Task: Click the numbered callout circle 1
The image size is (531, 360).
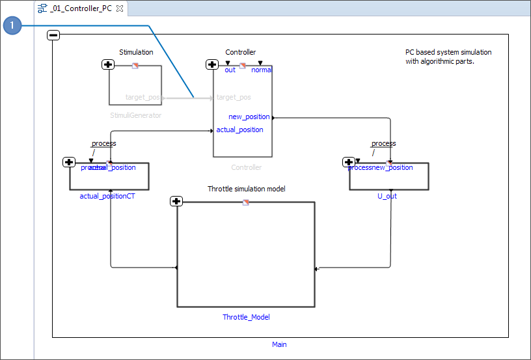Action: [12, 26]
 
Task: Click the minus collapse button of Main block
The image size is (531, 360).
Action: [54, 35]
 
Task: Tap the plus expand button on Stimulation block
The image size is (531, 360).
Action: [109, 64]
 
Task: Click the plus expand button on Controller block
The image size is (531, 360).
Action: [212, 64]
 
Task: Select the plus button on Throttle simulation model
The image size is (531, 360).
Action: [176, 201]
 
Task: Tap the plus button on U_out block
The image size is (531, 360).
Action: [349, 162]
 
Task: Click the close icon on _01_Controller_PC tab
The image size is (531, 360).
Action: [120, 8]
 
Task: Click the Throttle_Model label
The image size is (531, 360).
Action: [246, 317]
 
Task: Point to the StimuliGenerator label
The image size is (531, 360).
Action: [135, 115]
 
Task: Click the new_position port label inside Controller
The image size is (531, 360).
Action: [249, 117]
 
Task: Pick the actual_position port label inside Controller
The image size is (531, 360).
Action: [239, 130]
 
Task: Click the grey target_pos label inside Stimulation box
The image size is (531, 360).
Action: [143, 97]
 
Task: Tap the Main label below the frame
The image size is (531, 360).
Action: [279, 344]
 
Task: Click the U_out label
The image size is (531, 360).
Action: [387, 195]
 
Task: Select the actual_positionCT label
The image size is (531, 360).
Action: [107, 195]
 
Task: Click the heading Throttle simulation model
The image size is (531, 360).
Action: [246, 189]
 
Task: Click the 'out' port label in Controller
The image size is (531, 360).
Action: [230, 70]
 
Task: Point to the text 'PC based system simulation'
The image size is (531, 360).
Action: [448, 52]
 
